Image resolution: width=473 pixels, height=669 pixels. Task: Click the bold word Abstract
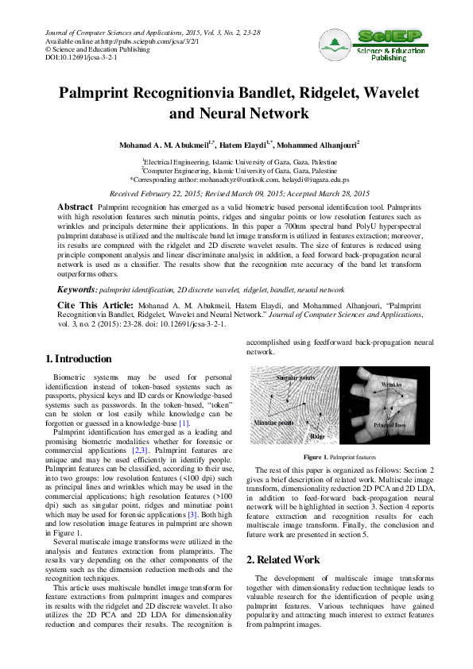75,207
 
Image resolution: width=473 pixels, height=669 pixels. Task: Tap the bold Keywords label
76,291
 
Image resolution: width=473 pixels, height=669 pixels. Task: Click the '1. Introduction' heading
79,359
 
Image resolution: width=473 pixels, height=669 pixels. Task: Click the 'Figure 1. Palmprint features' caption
340,458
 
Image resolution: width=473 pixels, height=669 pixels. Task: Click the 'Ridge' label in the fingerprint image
317,436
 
